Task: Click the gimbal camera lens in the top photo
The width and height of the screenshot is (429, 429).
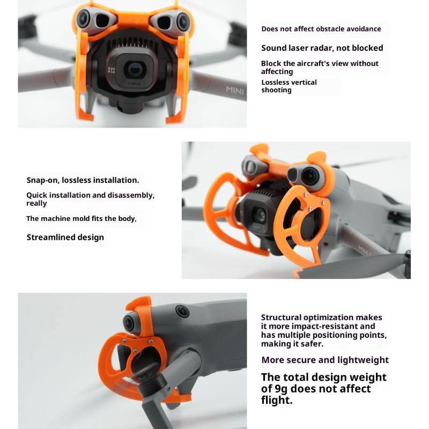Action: click(135, 70)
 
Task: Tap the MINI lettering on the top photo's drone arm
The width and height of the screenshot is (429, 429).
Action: click(234, 90)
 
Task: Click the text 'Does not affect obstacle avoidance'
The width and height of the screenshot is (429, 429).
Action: click(321, 29)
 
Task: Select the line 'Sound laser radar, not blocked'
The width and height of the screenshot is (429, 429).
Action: click(322, 48)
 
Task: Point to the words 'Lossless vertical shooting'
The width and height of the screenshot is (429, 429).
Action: click(289, 86)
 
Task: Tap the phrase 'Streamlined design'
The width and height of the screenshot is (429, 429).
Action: click(65, 237)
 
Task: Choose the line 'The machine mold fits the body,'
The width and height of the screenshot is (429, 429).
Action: click(82, 219)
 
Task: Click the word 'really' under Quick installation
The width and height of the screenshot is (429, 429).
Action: click(36, 203)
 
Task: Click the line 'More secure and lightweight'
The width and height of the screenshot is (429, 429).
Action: click(325, 360)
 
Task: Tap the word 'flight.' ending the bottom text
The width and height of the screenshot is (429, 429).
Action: click(277, 400)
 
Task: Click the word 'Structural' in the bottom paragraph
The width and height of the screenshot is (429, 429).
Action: click(281, 317)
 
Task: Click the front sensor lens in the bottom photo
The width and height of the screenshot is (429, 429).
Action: click(128, 323)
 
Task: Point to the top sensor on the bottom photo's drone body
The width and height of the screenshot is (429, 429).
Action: click(182, 311)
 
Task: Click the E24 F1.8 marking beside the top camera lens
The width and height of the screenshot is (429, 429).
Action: click(112, 70)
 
